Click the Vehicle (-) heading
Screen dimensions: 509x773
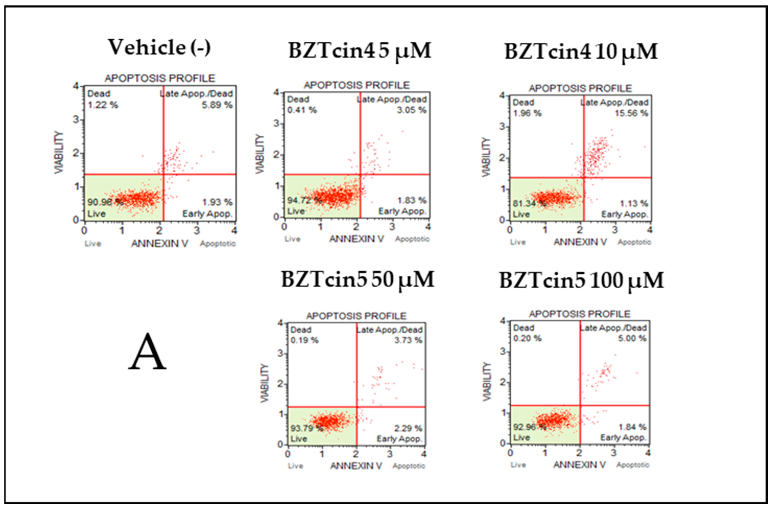159,48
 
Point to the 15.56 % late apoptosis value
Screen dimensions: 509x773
631,113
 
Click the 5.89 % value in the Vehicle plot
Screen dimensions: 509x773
217,105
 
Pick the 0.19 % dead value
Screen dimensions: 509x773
304,340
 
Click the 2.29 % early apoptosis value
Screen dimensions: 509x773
408,428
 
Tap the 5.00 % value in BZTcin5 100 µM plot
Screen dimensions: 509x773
632,338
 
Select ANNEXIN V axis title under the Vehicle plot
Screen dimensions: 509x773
159,244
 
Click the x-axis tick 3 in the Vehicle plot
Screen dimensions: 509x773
197,230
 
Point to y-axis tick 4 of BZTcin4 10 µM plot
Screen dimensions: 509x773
503,95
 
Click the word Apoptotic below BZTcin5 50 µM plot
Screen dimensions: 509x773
409,466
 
